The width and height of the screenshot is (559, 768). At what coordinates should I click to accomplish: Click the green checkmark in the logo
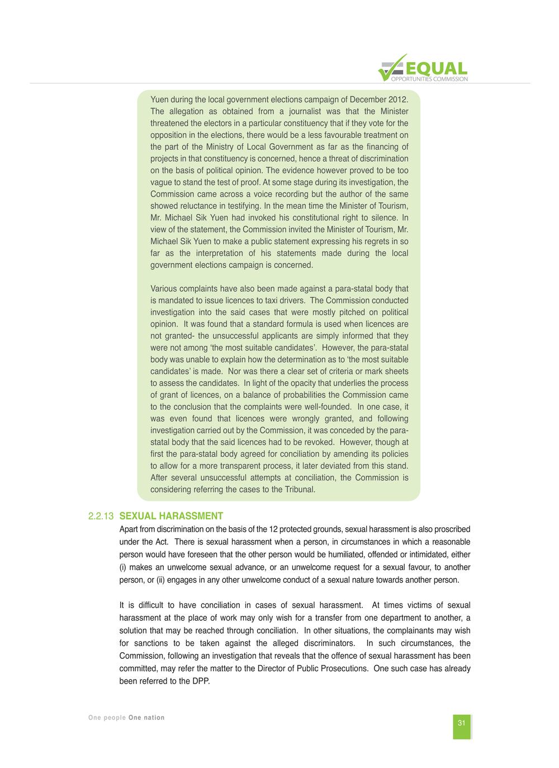[391, 68]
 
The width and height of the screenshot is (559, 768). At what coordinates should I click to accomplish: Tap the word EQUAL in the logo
[438, 68]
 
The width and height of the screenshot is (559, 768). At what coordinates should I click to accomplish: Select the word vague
[162, 182]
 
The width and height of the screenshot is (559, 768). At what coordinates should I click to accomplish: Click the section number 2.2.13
[101, 516]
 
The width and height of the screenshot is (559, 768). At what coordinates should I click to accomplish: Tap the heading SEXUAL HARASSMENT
[171, 516]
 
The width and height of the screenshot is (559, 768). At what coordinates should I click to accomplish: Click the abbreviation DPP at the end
[200, 681]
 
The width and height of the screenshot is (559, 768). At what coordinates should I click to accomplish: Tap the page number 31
[462, 723]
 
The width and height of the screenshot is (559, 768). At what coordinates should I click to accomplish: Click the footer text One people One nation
[126, 718]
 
